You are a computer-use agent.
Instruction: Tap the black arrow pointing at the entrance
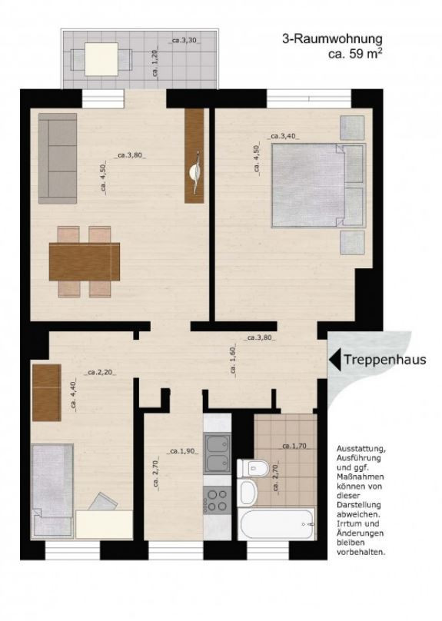tap(334, 359)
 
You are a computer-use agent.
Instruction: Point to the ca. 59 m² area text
tap(355, 55)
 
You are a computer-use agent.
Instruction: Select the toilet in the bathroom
tap(252, 467)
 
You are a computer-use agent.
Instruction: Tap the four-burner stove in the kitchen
tap(218, 501)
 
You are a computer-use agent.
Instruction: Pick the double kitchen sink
tap(218, 453)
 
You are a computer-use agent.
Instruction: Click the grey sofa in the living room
tap(58, 158)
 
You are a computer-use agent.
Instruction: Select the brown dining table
tap(85, 262)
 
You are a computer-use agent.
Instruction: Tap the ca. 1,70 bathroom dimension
tap(294, 445)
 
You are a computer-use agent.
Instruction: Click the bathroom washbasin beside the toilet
tap(248, 493)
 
